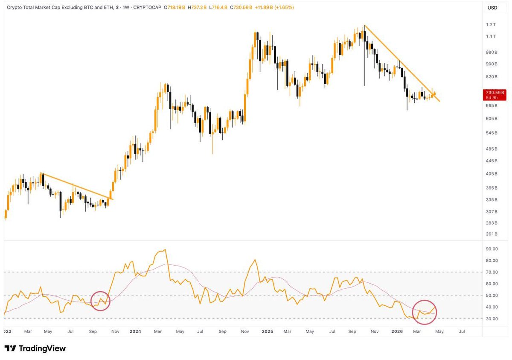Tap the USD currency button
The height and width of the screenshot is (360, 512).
[492, 8]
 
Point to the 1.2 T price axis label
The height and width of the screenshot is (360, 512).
[491, 25]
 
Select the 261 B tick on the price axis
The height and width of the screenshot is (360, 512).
[492, 234]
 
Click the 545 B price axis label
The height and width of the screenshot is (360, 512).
[492, 133]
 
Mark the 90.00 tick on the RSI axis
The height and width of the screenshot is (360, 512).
[492, 249]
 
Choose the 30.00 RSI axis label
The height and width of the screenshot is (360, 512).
[492, 319]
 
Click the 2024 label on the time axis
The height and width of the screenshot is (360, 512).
[135, 331]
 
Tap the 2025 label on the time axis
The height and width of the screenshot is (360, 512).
[267, 331]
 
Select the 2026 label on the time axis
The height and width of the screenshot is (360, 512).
[397, 331]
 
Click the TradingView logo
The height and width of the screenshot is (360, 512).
[35, 348]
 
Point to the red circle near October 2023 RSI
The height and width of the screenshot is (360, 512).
[101, 301]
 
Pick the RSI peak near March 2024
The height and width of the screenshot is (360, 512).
[165, 250]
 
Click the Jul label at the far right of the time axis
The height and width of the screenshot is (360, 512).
[462, 331]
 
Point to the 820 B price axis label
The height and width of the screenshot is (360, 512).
[492, 77]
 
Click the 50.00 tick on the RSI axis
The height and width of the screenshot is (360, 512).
[492, 296]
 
